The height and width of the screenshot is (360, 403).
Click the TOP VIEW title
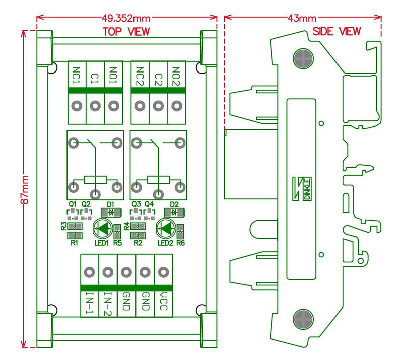point(126,31)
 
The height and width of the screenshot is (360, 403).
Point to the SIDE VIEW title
point(337,31)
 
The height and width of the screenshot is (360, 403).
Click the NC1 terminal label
point(77,76)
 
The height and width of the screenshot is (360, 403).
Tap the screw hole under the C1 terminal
point(95,106)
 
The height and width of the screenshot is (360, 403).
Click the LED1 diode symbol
point(103,229)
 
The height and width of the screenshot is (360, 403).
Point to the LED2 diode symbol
point(166,229)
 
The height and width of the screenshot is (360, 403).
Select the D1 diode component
point(111,212)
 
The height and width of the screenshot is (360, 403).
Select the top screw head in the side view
point(303,59)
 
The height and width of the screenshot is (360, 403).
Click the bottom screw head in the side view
point(303,320)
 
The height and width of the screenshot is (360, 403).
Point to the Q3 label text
point(135,204)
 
